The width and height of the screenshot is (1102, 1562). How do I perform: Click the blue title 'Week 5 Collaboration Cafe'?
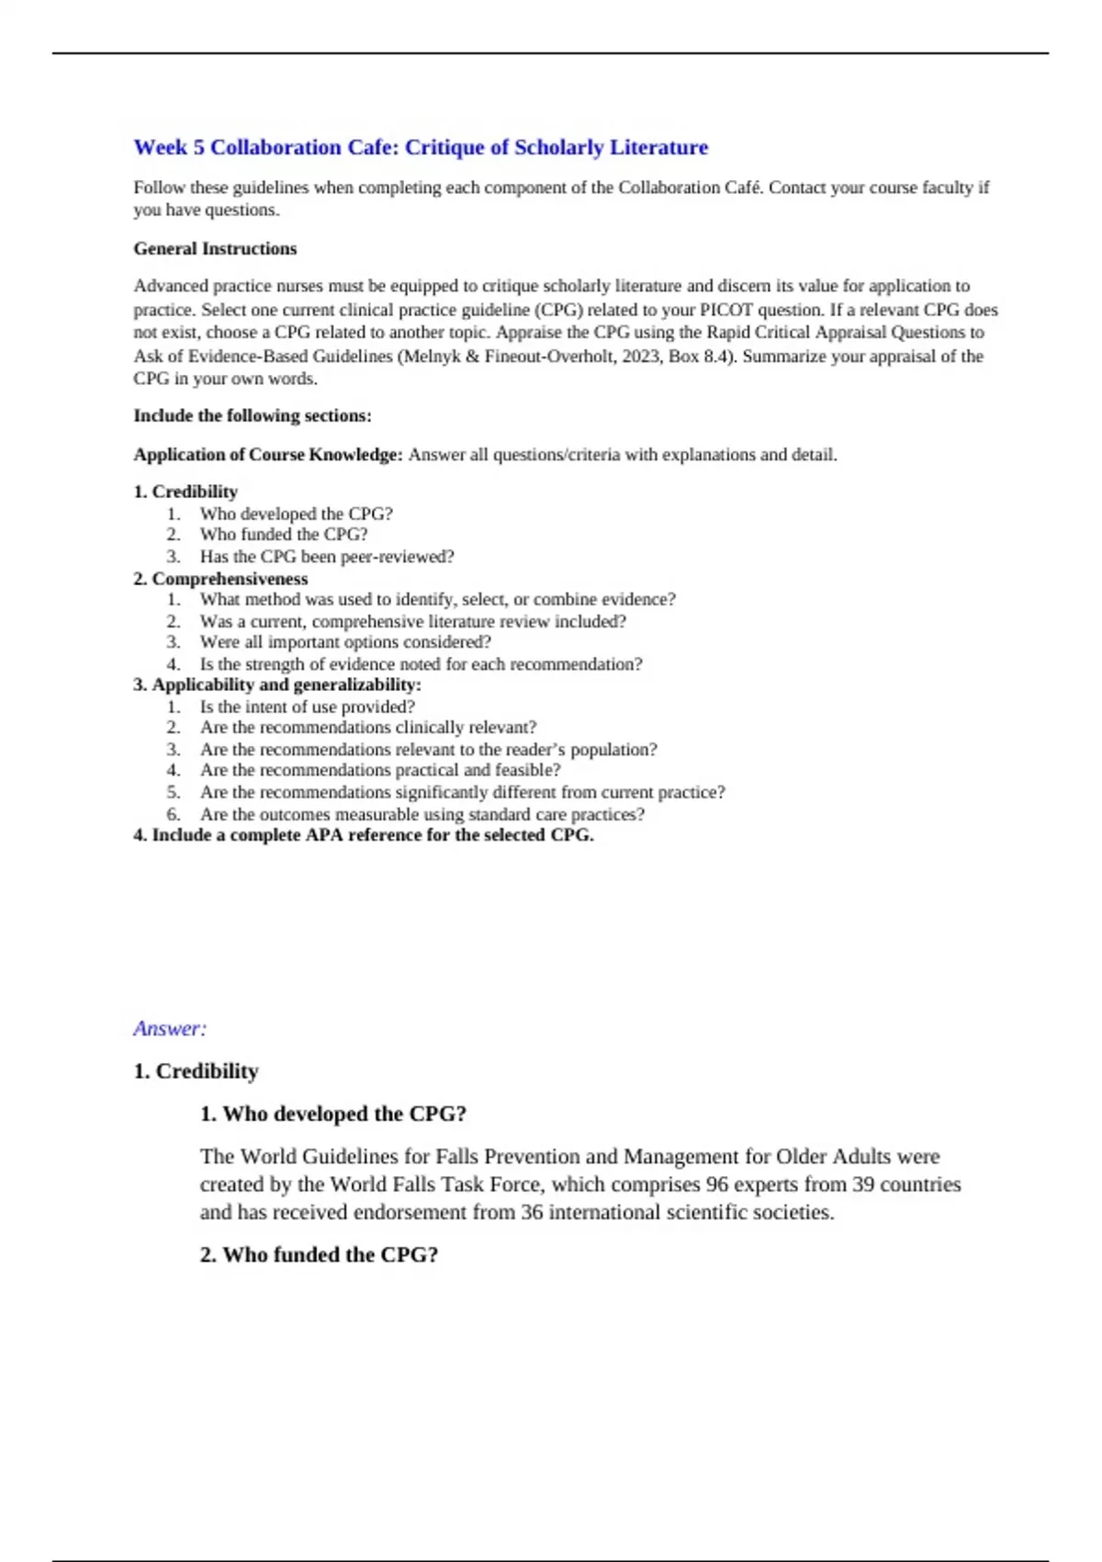coord(421,148)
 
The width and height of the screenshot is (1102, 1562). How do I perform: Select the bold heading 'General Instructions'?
coord(215,249)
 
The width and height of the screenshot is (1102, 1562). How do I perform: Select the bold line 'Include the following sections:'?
coord(253,416)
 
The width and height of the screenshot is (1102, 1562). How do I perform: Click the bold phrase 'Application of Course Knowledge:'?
coord(268,455)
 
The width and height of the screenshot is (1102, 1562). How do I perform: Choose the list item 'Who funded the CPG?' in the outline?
coord(283,535)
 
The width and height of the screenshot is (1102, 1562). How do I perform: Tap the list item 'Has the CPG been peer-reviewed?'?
coord(326,557)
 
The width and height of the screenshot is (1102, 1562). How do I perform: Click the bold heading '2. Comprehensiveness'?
coord(220,579)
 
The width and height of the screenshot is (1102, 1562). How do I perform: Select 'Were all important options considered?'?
coord(345,642)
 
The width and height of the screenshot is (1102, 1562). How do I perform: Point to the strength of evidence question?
coord(421,664)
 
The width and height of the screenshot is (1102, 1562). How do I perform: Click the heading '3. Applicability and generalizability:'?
coord(277,685)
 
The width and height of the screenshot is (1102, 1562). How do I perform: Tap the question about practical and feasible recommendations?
coord(379,771)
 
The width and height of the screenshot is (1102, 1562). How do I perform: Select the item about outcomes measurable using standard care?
coord(422,815)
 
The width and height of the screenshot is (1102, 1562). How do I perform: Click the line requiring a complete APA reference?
coord(364,835)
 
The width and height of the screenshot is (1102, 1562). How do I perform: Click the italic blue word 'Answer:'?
coord(170,1029)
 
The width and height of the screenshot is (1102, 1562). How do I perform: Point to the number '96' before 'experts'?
coord(717,1185)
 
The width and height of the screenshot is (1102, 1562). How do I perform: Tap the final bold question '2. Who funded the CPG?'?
coord(319,1255)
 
